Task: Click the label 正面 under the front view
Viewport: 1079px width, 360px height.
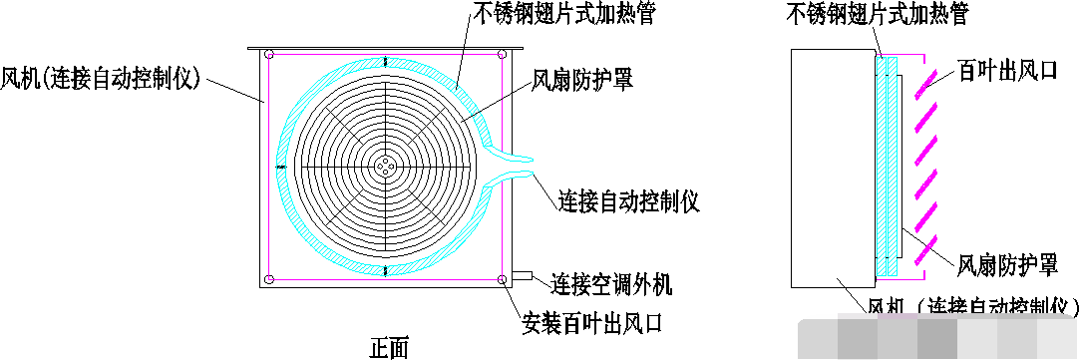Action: pos(389,348)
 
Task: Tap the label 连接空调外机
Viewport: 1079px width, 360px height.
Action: pos(611,284)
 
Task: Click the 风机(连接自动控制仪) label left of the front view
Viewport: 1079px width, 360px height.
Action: pos(102,77)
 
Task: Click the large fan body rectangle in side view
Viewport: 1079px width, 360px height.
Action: pos(831,165)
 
